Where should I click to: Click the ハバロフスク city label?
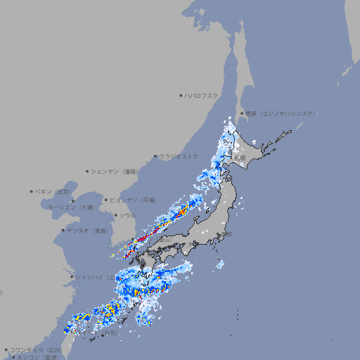[x=202, y=95]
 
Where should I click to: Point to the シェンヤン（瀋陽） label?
[x=115, y=171]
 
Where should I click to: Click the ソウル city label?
[x=127, y=216]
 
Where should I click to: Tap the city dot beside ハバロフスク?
[x=181, y=95]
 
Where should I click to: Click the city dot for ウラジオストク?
[x=155, y=156]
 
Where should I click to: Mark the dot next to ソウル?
[x=115, y=216]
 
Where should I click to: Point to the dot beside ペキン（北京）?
[x=32, y=191]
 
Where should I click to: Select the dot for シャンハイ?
[x=71, y=277]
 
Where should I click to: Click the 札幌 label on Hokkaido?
[x=240, y=159]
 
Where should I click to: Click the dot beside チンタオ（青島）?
[x=63, y=230]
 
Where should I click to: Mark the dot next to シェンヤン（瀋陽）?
[x=87, y=171]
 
